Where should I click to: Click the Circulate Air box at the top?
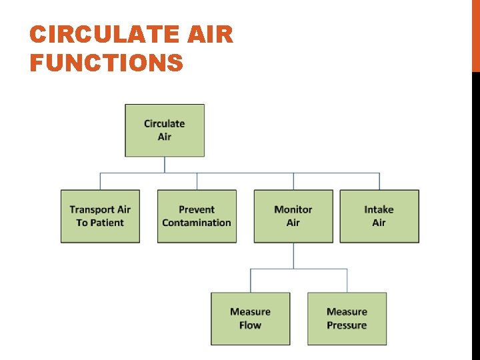[x=164, y=130]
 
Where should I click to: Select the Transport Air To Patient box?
[x=100, y=216]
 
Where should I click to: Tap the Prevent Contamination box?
[x=197, y=216]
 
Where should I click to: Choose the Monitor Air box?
[x=293, y=216]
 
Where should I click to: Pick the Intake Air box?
[x=379, y=216]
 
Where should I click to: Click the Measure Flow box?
[x=250, y=319]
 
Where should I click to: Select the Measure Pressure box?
[x=347, y=319]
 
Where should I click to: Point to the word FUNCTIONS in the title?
[x=107, y=63]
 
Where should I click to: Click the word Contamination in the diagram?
[x=197, y=223]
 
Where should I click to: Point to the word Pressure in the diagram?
[x=347, y=325]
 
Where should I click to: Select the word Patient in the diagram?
[x=110, y=223]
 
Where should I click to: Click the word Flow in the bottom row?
[x=250, y=325]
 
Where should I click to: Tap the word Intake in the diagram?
[x=379, y=209]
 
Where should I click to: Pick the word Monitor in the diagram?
[x=293, y=209]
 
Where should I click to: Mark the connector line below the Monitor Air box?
[x=294, y=255]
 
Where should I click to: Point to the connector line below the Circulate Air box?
[x=165, y=165]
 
